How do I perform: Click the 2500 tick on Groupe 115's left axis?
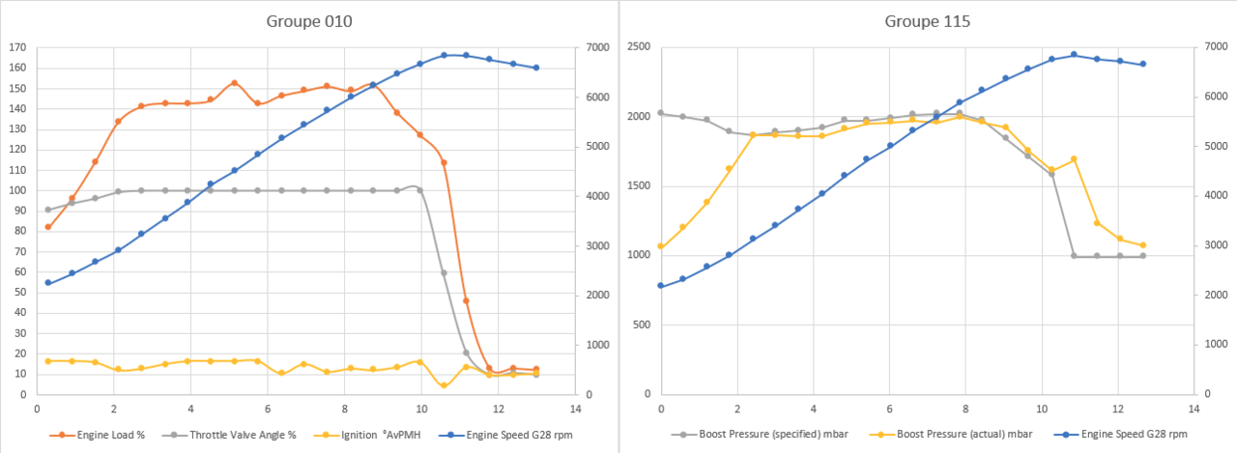[639, 47]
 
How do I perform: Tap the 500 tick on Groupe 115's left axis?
[642, 325]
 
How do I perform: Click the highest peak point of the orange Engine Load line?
[234, 83]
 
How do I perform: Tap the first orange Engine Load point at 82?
[48, 227]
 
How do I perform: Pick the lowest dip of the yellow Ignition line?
[444, 385]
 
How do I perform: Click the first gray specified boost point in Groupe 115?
[661, 113]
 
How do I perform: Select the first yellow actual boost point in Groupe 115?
[661, 246]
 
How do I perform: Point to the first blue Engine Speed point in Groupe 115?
[661, 286]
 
